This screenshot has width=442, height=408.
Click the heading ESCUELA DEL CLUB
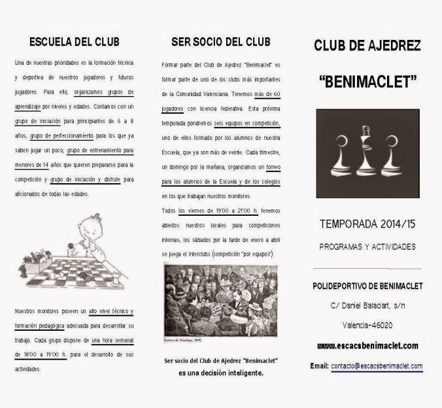point(74,42)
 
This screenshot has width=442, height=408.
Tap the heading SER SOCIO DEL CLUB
point(220,42)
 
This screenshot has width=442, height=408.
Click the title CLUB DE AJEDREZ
point(366,45)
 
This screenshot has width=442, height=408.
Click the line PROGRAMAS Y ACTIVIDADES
point(367,247)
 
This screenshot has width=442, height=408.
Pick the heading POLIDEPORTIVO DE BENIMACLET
point(367,286)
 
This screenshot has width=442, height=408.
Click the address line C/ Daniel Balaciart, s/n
point(367,306)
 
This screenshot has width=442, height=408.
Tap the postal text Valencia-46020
point(367,325)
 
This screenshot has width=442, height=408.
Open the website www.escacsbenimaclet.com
point(367,346)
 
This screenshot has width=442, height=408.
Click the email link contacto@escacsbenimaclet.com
point(377,366)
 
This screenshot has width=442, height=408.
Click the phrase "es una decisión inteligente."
point(220,373)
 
